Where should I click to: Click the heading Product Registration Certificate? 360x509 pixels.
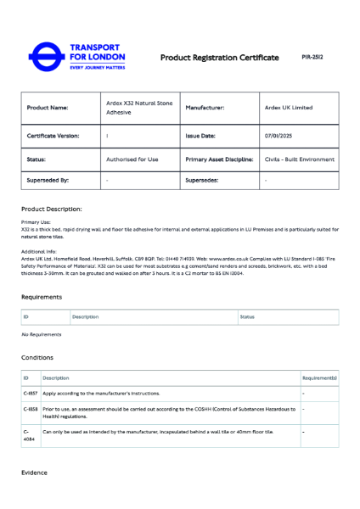219,58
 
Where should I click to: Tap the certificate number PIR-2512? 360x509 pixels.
312,57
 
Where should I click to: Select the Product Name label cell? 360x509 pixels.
48,108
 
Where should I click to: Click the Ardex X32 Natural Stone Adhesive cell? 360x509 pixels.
138,108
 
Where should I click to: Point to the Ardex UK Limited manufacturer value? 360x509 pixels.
288,108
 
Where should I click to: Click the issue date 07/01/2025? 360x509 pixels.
278,135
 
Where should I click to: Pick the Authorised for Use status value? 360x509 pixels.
132,159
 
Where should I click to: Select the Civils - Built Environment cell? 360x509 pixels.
299,159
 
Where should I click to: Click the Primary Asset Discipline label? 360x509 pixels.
219,159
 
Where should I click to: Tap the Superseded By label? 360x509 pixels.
48,181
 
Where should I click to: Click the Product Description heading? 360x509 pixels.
51,209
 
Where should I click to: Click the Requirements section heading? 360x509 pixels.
42,298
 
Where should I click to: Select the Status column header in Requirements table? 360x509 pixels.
247,317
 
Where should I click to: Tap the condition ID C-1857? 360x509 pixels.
30,394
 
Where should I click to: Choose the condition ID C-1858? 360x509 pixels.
30,409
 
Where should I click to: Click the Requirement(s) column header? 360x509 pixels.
319,378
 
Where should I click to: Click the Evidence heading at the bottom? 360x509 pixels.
35,473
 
